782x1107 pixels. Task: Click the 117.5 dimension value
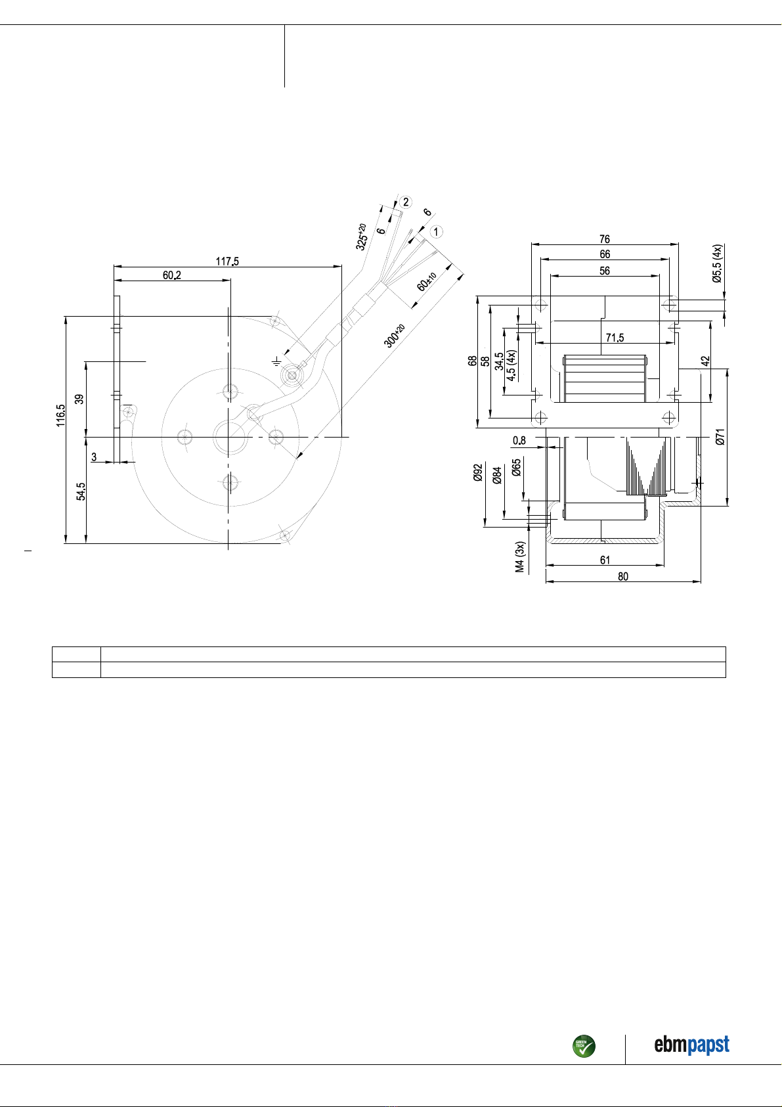[227, 261]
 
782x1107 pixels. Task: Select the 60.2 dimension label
[172, 275]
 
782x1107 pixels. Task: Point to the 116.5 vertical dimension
[60, 415]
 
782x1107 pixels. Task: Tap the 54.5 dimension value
[81, 491]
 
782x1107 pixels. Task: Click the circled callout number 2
[406, 202]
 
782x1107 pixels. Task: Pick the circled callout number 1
[436, 231]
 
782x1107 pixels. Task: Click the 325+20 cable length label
[361, 237]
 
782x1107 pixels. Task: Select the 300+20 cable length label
[394, 336]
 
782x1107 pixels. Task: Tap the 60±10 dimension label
[426, 282]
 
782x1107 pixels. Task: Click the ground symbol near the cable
[276, 361]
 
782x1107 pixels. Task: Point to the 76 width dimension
[605, 239]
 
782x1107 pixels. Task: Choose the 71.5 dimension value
[615, 338]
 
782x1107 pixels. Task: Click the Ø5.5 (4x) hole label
[717, 263]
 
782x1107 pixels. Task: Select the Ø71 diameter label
[720, 437]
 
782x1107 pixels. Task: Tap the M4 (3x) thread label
[519, 557]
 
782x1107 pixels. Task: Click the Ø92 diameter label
[477, 472]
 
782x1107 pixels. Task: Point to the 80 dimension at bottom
[623, 576]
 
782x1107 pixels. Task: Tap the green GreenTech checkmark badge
[584, 1046]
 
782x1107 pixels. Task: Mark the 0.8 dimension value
[519, 440]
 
